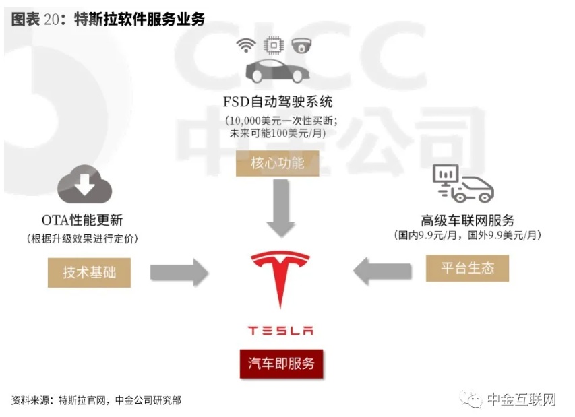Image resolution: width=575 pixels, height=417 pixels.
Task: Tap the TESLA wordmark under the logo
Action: (280, 331)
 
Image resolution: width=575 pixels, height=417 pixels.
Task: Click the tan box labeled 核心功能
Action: (277, 163)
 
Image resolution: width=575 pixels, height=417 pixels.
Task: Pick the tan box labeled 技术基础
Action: (89, 273)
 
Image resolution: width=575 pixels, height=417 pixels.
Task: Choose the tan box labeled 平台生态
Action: (467, 267)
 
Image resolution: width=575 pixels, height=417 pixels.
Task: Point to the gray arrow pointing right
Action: (179, 271)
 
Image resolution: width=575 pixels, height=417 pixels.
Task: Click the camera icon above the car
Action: (301, 46)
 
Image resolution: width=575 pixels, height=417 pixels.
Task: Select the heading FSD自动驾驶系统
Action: (278, 102)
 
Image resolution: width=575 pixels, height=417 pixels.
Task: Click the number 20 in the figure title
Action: (51, 20)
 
